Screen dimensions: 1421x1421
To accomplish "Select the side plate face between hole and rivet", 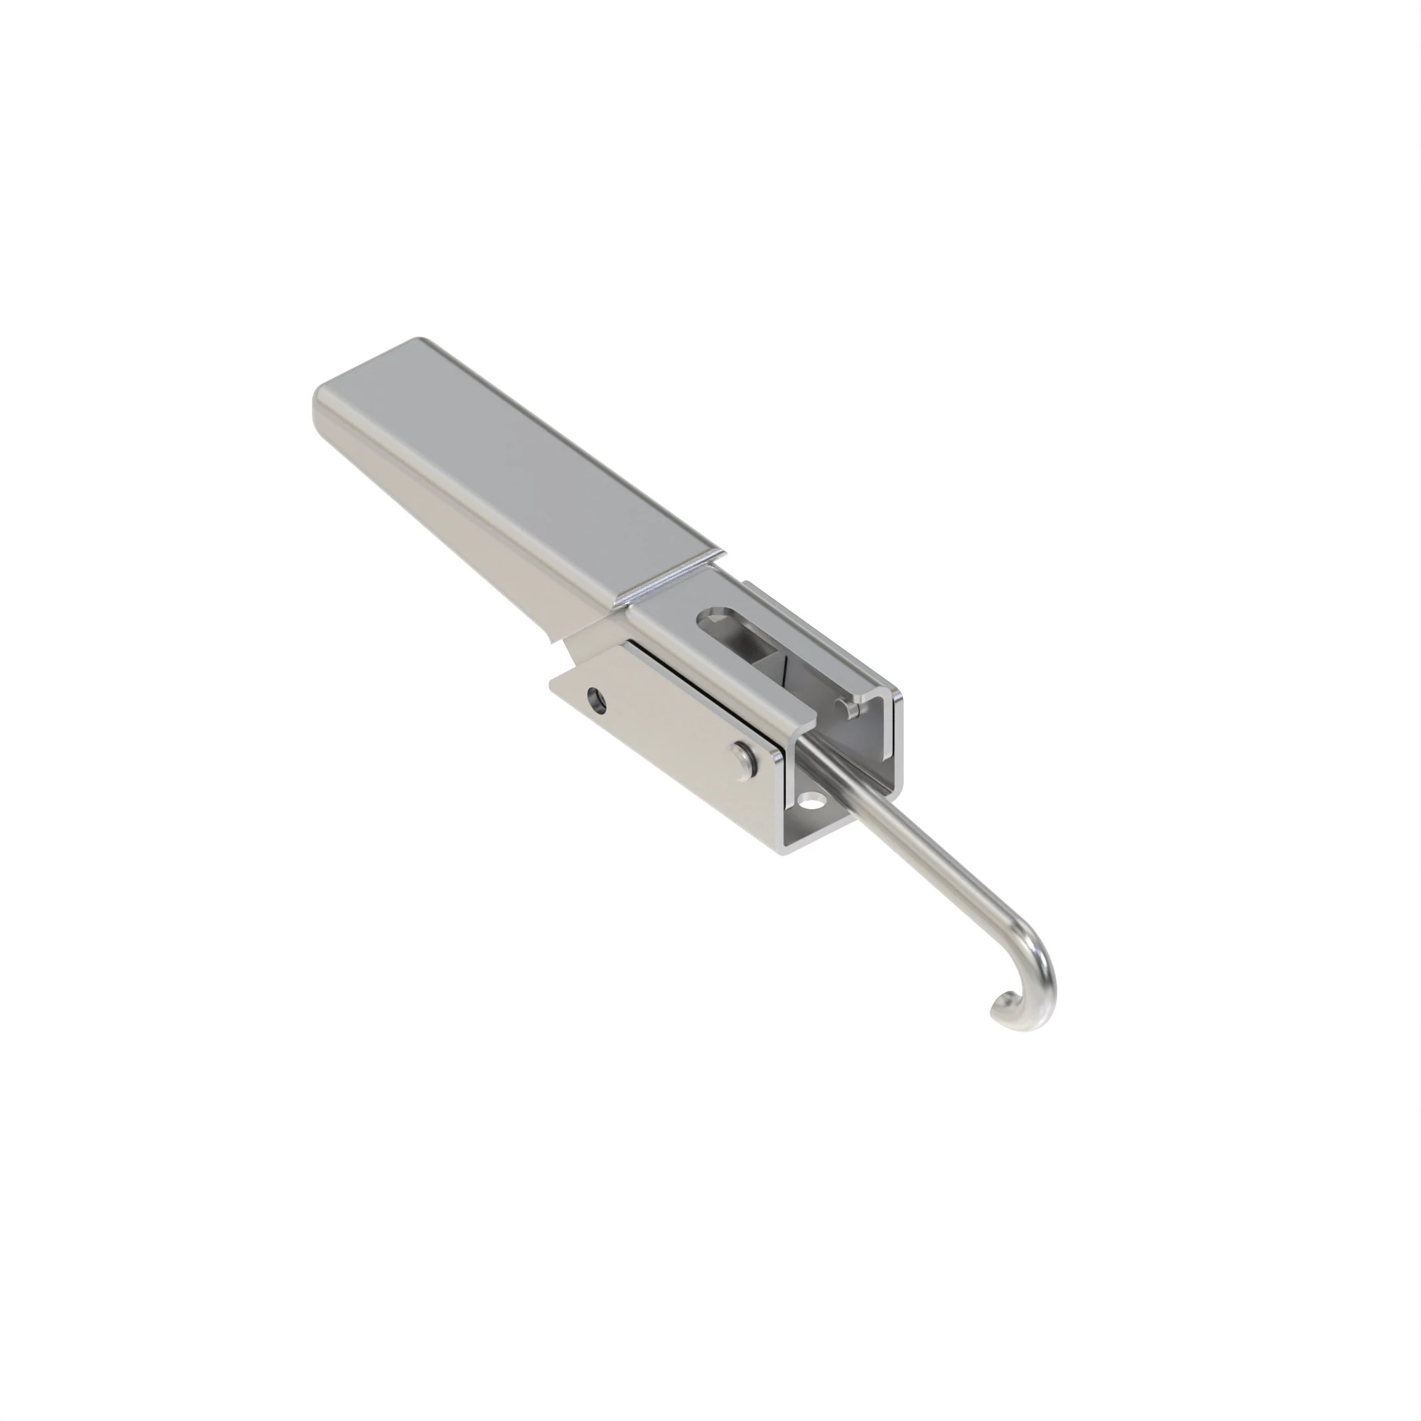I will click(x=669, y=725).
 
